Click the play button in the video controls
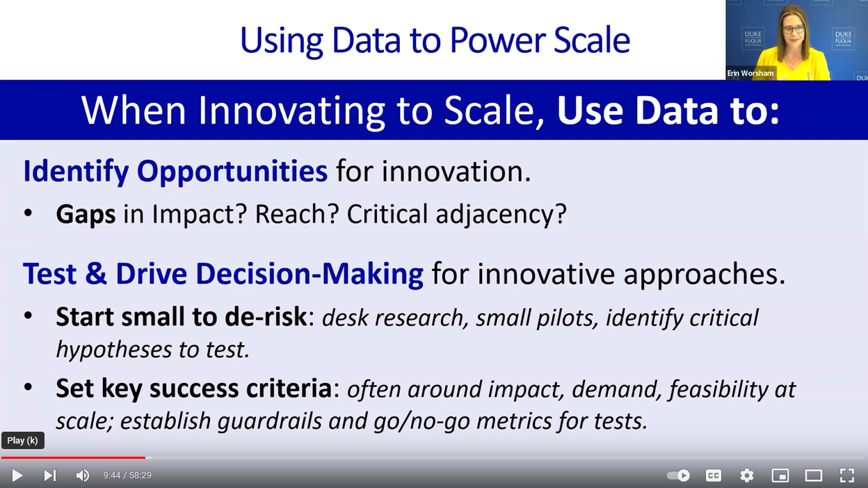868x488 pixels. pyautogui.click(x=17, y=475)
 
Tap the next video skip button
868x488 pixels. pyautogui.click(x=50, y=475)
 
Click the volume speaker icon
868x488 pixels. pyautogui.click(x=82, y=475)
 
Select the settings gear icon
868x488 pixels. pyautogui.click(x=747, y=475)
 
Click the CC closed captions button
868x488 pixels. pyautogui.click(x=714, y=475)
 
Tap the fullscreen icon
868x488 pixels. pyautogui.click(x=847, y=475)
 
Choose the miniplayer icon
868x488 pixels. pyautogui.click(x=780, y=475)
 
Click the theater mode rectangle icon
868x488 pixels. pyautogui.click(x=814, y=475)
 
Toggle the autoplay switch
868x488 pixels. pyautogui.click(x=678, y=475)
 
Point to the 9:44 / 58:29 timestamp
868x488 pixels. pyautogui.click(x=127, y=475)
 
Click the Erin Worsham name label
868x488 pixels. pyautogui.click(x=750, y=73)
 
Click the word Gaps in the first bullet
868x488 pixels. pyautogui.click(x=86, y=214)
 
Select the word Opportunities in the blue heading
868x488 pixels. pyautogui.click(x=232, y=171)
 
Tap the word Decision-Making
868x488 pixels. pyautogui.click(x=310, y=274)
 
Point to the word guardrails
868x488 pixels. pyautogui.click(x=270, y=421)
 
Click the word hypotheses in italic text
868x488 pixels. pyautogui.click(x=114, y=350)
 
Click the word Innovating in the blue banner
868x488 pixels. pyautogui.click(x=291, y=111)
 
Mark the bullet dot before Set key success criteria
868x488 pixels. pyautogui.click(x=28, y=387)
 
